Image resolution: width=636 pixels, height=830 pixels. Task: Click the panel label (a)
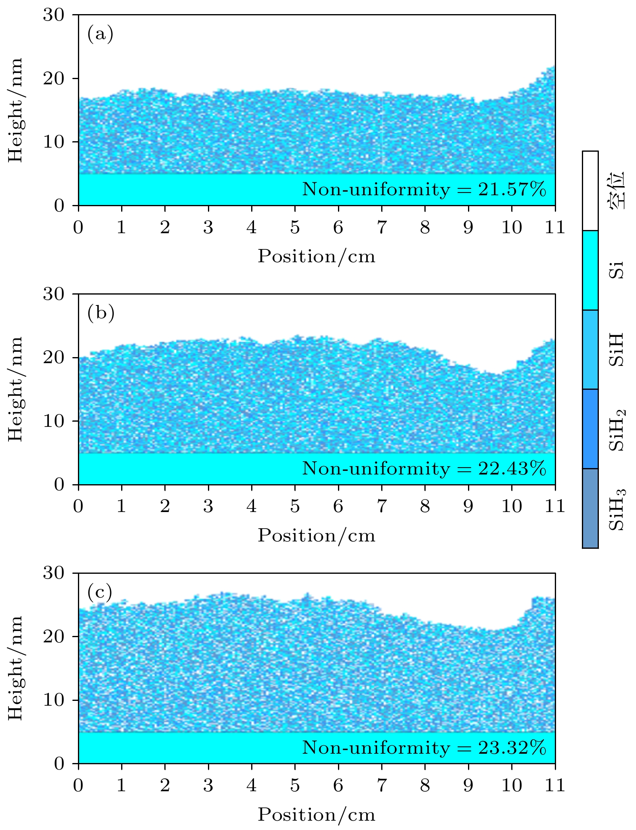pyautogui.click(x=100, y=34)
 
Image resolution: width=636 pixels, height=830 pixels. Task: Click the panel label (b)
pyautogui.click(x=101, y=313)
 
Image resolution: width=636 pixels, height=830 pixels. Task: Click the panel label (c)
pyautogui.click(x=100, y=592)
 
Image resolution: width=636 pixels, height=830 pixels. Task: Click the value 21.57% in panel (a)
pyautogui.click(x=512, y=189)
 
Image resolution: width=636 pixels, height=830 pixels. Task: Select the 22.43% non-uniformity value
pyautogui.click(x=512, y=468)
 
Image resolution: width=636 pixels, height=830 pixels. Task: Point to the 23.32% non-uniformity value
pyautogui.click(x=512, y=748)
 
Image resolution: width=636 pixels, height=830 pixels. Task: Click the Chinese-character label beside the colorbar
pyautogui.click(x=617, y=191)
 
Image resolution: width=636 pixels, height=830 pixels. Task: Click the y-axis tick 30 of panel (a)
pyautogui.click(x=54, y=15)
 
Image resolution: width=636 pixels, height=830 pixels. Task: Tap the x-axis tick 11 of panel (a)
pyautogui.click(x=555, y=228)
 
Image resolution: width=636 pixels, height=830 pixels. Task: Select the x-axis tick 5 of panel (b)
pyautogui.click(x=295, y=506)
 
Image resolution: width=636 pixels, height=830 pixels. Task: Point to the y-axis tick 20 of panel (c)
pyautogui.click(x=54, y=636)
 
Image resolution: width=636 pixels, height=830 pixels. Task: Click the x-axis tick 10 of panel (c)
pyautogui.click(x=512, y=786)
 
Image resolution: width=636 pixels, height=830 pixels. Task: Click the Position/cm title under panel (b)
pyautogui.click(x=317, y=535)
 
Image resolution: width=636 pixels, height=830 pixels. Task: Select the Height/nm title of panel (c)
pyautogui.click(x=15, y=668)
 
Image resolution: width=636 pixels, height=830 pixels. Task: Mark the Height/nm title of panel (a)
pyautogui.click(x=15, y=110)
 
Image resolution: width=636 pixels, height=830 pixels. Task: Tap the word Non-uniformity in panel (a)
pyautogui.click(x=376, y=189)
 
